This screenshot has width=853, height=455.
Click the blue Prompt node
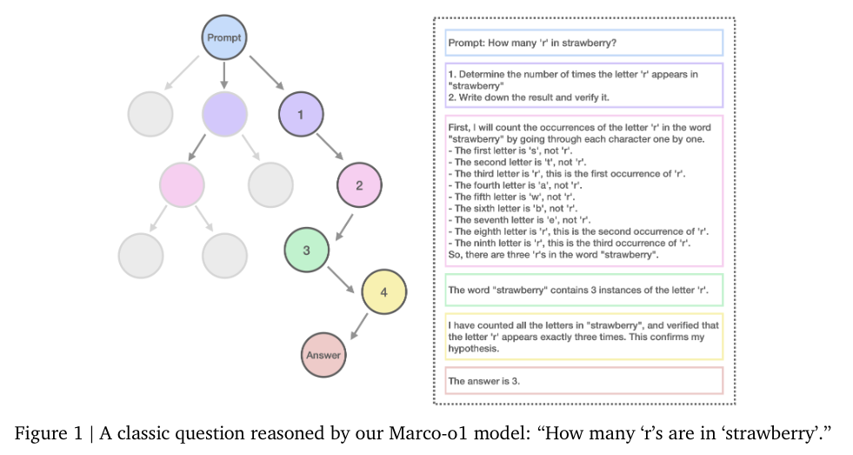[x=224, y=37]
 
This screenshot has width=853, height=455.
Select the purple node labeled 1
[x=300, y=114]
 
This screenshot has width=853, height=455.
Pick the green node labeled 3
[x=306, y=250]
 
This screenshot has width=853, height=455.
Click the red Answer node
[x=323, y=354]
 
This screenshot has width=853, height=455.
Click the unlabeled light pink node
[x=182, y=184]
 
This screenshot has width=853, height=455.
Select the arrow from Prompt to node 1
[x=265, y=74]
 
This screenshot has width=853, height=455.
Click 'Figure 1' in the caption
[x=50, y=431]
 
